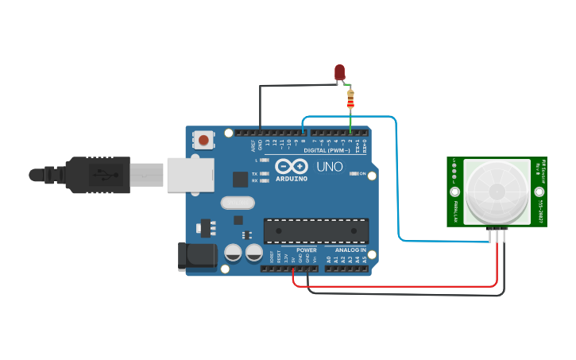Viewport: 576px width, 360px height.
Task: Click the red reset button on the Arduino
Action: [204, 141]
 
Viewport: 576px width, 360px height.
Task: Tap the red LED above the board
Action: [340, 73]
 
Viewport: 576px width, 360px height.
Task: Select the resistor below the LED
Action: [350, 99]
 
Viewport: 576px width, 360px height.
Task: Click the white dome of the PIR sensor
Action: [497, 191]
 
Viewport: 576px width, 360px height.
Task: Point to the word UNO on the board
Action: [330, 168]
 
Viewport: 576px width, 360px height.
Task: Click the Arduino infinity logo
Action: [292, 167]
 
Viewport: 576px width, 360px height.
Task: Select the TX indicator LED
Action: [265, 173]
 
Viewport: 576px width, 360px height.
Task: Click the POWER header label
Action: [306, 250]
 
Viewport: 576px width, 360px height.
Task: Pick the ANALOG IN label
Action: [350, 250]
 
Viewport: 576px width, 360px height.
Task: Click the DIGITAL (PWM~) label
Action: [327, 150]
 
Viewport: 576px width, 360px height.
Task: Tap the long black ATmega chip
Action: [315, 230]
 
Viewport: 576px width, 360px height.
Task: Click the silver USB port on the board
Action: [191, 175]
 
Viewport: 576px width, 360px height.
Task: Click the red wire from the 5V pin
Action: [397, 285]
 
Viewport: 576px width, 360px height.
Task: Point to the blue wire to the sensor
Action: [396, 175]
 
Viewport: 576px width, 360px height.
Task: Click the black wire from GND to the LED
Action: [260, 103]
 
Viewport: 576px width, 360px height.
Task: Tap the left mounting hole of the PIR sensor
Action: [455, 192]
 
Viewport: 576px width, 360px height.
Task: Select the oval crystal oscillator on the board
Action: [238, 203]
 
